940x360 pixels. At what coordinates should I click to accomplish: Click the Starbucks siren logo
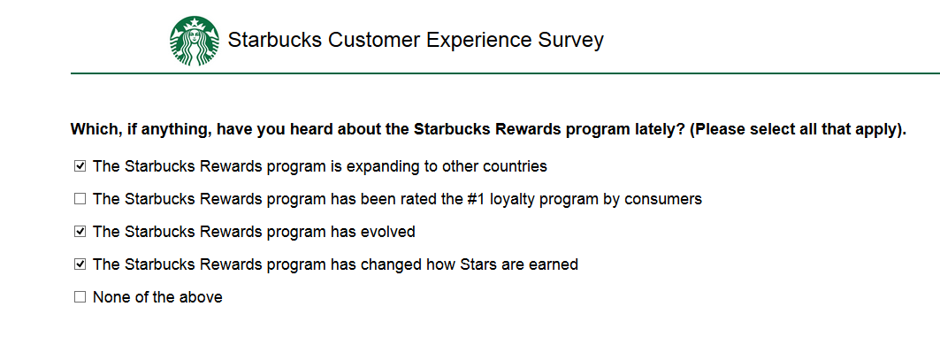[x=195, y=41]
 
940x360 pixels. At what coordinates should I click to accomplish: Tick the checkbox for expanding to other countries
[x=80, y=166]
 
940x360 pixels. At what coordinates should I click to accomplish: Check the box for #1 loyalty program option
[x=80, y=199]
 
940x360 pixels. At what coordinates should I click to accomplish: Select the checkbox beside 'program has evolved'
[x=80, y=232]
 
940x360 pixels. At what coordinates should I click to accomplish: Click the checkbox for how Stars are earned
[x=80, y=264]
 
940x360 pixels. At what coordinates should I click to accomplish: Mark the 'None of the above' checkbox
[x=80, y=297]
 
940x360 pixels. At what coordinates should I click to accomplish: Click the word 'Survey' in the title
[x=570, y=41]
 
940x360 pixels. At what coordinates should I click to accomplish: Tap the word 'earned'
[x=554, y=264]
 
